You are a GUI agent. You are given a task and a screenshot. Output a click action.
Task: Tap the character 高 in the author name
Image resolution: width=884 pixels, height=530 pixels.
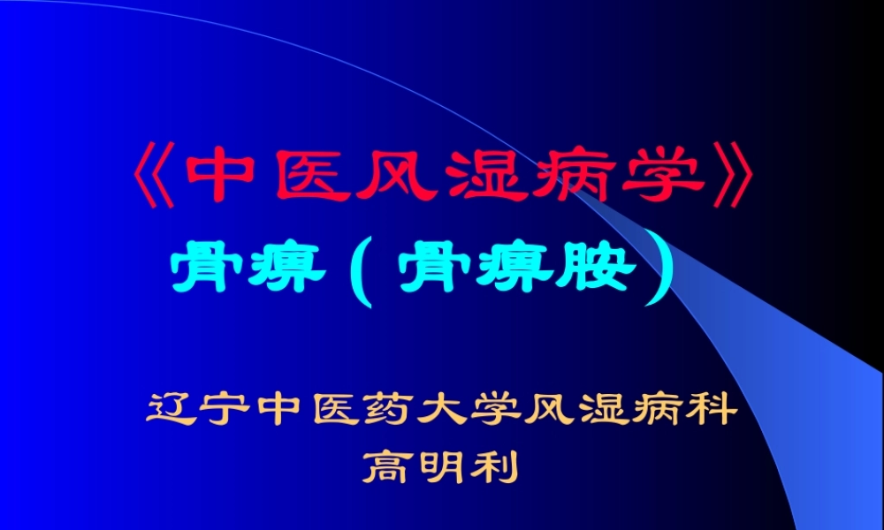388,466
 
